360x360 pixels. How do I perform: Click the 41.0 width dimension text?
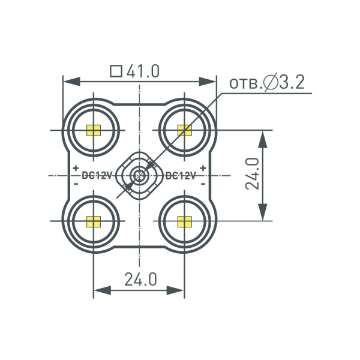pos(143,71)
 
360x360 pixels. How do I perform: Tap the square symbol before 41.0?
pos(116,71)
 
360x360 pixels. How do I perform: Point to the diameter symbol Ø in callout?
pos(270,82)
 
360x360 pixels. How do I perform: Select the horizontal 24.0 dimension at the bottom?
pos(140,279)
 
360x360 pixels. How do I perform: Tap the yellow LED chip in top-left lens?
pos(94,130)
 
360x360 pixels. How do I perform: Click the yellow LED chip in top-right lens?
pos(184,130)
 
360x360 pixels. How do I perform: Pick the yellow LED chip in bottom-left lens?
pos(94,221)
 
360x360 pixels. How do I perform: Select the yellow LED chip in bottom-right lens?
pos(184,221)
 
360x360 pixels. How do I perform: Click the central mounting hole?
pos(139,176)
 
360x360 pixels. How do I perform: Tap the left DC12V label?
pos(97,176)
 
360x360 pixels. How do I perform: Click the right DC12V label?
pos(180,176)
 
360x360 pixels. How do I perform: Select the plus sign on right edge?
pos(203,169)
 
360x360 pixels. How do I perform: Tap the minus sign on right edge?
pos(203,184)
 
